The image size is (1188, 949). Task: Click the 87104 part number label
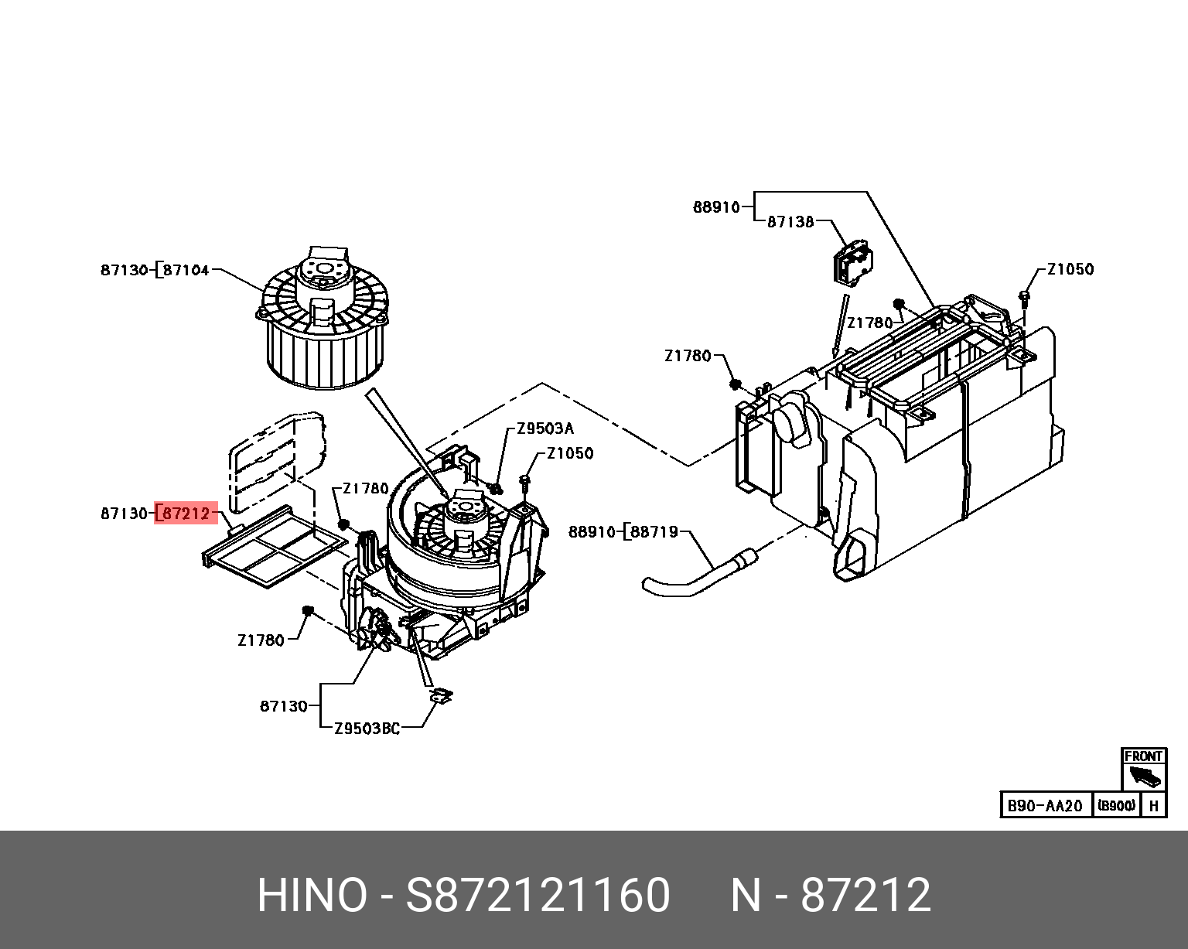coord(186,271)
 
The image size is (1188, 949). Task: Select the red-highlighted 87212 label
coord(186,513)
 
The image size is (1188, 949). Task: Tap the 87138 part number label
coord(790,222)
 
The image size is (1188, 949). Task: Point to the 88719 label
coord(654,532)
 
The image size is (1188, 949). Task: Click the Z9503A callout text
coord(545,428)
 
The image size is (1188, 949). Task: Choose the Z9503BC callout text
coord(367,728)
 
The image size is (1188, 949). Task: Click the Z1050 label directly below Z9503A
coord(570,453)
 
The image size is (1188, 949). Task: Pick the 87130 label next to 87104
coord(124,271)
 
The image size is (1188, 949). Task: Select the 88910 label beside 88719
coord(592,532)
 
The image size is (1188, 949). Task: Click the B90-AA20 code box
coord(1045,805)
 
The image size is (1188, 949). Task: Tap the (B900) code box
coord(1116,805)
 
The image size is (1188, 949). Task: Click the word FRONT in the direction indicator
coord(1143,756)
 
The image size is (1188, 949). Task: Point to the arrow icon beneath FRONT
coord(1144,776)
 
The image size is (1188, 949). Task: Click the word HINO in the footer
coord(312,896)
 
